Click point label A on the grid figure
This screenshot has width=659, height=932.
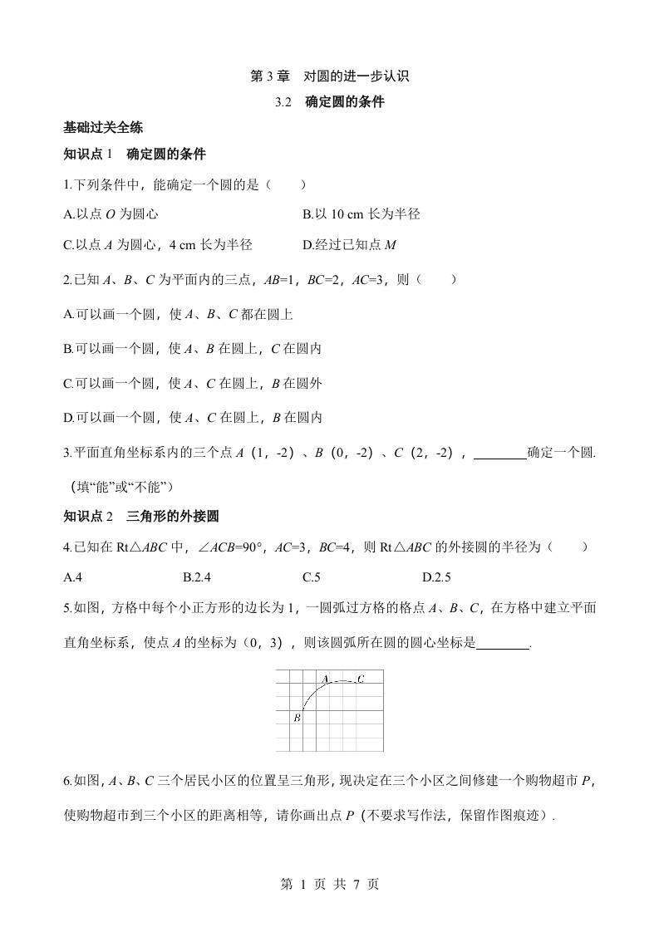pos(326,679)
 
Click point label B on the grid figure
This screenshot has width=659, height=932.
pos(297,718)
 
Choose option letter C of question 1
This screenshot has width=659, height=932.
pos(67,244)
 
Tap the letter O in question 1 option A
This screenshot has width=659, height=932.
pos(111,214)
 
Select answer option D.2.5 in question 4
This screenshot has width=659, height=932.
pos(437,577)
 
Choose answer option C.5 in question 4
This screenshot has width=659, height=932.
pos(312,577)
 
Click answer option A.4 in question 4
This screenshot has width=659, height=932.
pos(71,577)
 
